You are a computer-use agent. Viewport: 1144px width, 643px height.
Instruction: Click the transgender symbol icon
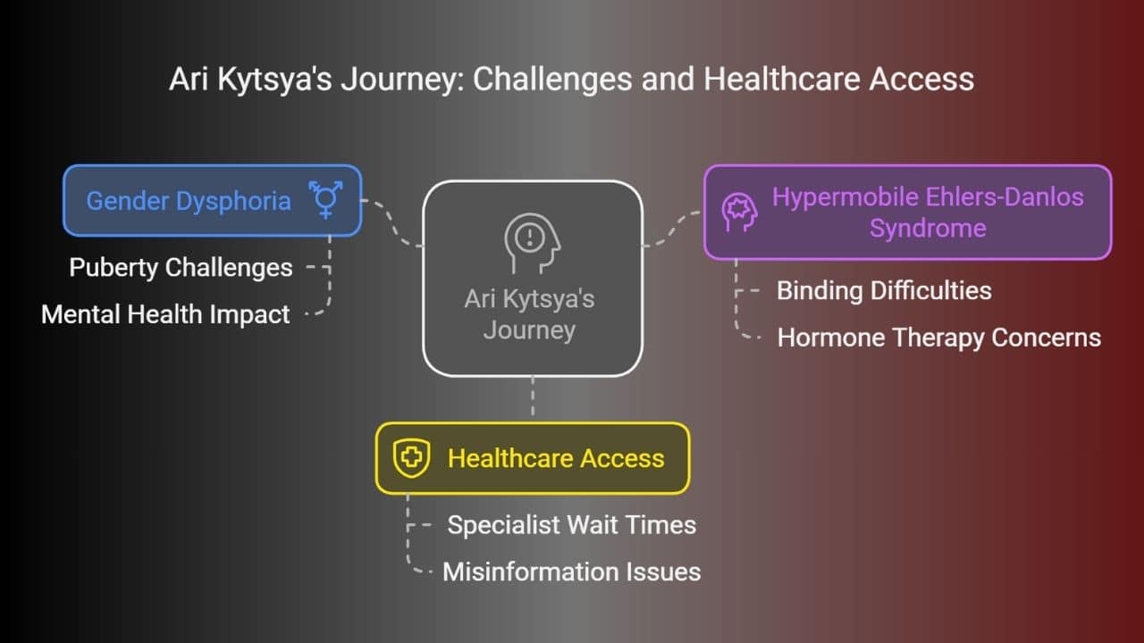(326, 199)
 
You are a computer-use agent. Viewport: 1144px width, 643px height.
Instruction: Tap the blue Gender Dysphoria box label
(189, 201)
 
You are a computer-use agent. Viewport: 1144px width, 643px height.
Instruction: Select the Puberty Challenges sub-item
(181, 267)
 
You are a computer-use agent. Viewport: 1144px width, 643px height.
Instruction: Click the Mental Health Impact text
(165, 313)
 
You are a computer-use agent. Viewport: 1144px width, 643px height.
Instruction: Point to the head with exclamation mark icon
(532, 243)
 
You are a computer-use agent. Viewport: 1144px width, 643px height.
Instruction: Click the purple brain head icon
(739, 213)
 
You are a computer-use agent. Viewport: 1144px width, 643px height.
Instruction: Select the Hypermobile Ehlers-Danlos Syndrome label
(928, 213)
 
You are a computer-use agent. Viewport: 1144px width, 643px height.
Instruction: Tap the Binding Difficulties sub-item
(884, 290)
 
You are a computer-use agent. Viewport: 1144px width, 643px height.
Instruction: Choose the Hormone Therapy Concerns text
(938, 338)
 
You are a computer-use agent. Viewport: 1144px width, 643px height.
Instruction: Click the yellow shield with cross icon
(411, 458)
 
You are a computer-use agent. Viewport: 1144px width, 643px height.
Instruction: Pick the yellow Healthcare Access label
(556, 458)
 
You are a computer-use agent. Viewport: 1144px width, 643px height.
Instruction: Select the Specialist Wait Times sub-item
(571, 524)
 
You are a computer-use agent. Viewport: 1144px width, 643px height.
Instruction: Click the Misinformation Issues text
(571, 572)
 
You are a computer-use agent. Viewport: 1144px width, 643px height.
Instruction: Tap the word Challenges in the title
(552, 79)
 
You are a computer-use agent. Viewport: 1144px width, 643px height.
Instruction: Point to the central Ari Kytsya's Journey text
(530, 314)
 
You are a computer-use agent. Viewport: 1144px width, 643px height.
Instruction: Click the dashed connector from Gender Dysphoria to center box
(392, 223)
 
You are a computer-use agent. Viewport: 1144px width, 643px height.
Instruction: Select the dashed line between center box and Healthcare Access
(533, 397)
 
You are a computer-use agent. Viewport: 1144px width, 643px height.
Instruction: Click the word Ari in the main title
(189, 79)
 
